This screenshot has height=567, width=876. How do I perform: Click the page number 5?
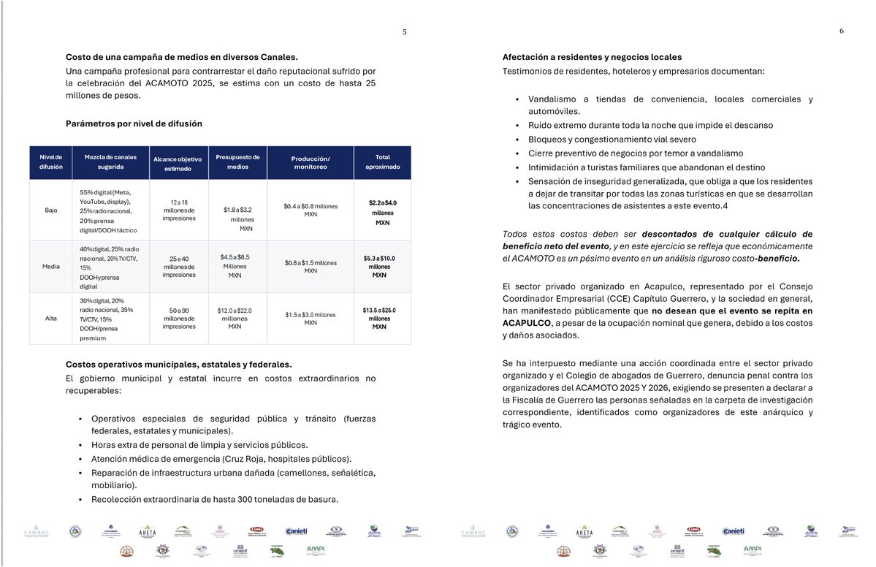404,31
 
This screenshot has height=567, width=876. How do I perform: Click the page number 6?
841,31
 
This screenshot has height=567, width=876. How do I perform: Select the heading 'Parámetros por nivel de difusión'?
134,123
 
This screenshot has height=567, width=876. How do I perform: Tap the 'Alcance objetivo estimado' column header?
178,163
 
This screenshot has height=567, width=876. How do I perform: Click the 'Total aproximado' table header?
382,162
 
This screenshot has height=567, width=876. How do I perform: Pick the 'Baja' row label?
51,210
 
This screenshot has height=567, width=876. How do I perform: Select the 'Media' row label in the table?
51,266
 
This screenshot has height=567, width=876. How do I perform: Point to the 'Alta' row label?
51,319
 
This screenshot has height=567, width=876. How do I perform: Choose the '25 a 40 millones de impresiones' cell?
178,267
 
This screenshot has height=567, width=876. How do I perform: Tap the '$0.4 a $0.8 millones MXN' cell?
311,210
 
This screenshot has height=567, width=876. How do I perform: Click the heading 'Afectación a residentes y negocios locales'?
592,57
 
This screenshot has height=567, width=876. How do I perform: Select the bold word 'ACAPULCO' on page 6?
527,323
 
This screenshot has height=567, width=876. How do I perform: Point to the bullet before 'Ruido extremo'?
517,126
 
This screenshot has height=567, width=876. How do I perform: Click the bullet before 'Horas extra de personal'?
80,445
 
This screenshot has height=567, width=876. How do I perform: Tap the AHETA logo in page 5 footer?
147,531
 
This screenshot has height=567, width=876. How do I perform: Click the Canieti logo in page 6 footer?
733,531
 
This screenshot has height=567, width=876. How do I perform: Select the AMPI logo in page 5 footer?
316,549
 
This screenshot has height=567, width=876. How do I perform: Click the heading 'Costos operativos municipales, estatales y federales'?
178,365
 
